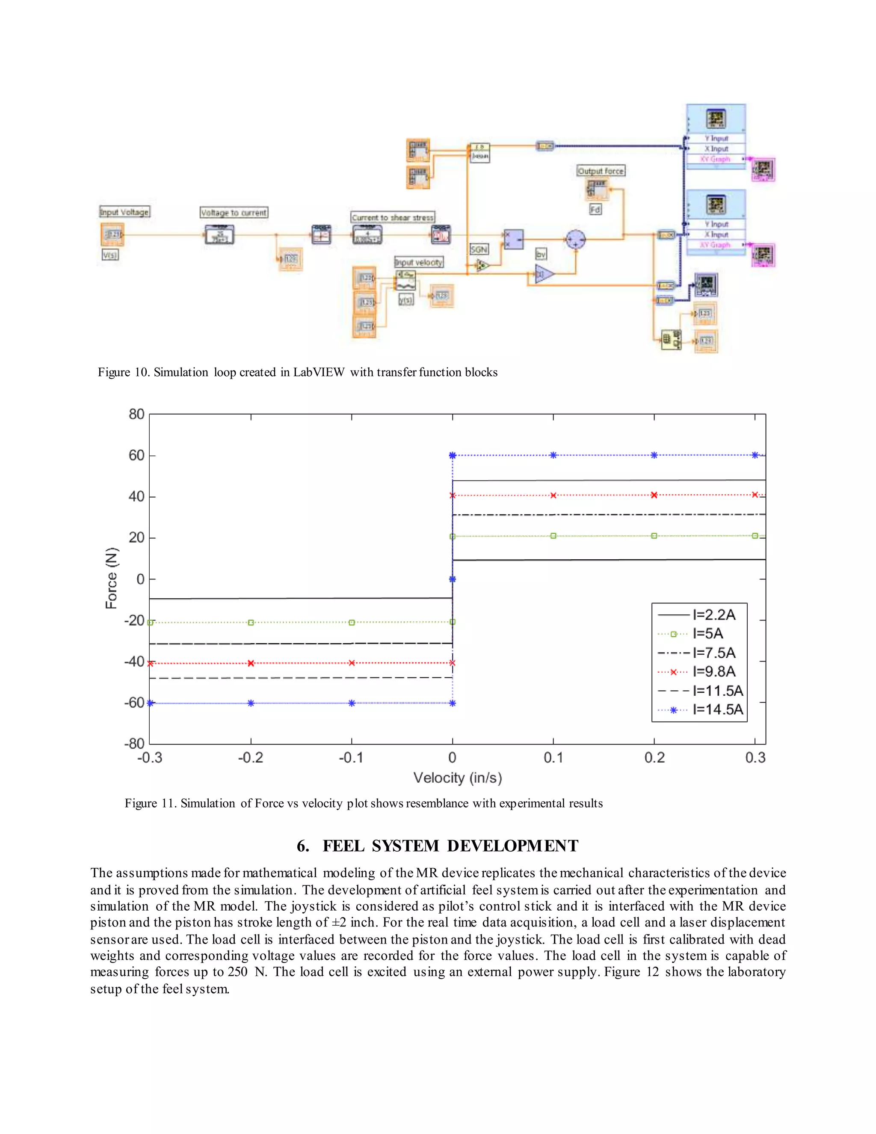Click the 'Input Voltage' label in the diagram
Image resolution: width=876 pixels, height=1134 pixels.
pos(124,212)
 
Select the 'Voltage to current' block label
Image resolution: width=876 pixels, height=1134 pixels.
pos(234,212)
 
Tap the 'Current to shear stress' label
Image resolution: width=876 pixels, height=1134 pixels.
pos(392,217)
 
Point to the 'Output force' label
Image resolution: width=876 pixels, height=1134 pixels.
pos(601,171)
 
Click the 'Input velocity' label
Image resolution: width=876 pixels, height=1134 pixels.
pos(418,262)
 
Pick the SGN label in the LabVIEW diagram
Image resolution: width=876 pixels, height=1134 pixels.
pos(479,249)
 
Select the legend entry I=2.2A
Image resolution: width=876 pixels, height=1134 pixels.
pos(713,615)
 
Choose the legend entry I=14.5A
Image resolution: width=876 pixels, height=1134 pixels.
pos(717,709)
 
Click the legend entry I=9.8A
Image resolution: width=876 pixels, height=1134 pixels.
pos(713,671)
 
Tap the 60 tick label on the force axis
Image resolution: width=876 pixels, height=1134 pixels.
pos(136,455)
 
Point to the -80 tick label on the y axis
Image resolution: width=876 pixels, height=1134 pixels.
pos(134,744)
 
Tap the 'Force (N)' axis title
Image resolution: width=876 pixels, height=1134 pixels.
pos(112,578)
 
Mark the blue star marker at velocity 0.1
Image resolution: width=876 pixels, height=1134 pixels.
pos(553,455)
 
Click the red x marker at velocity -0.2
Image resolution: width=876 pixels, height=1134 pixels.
pos(251,663)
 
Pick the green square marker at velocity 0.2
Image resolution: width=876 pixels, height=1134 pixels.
pos(654,536)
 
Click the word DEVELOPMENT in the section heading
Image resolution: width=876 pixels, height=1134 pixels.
pos(512,846)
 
